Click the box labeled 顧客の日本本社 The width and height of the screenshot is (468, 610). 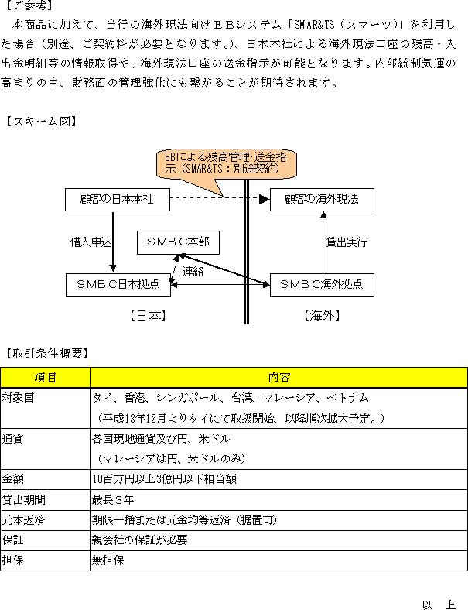tap(118, 200)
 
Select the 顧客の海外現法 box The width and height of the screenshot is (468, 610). tap(322, 200)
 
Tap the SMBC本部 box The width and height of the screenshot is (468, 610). tap(178, 242)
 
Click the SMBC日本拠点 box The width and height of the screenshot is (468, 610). tap(118, 285)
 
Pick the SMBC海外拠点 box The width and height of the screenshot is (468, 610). tap(322, 285)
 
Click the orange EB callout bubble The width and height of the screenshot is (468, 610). tap(226, 163)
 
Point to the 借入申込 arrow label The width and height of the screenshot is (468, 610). tap(91, 242)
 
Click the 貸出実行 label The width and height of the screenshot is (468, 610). tap(347, 242)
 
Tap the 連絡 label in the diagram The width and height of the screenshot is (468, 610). tap(193, 271)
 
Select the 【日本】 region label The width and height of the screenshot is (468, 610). tap(148, 316)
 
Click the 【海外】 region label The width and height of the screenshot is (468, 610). tap(322, 316)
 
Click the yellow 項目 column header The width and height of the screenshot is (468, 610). tap(45, 377)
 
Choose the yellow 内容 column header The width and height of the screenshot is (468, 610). tap(278, 377)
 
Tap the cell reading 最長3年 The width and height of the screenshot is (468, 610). tap(113, 499)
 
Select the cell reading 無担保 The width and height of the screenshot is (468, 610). tap(108, 560)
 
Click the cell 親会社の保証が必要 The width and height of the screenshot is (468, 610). tap(139, 540)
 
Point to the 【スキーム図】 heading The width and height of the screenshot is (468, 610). tap(41, 122)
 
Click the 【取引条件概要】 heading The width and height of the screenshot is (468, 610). tap(46, 353)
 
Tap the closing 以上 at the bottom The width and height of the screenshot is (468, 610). tap(439, 604)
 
